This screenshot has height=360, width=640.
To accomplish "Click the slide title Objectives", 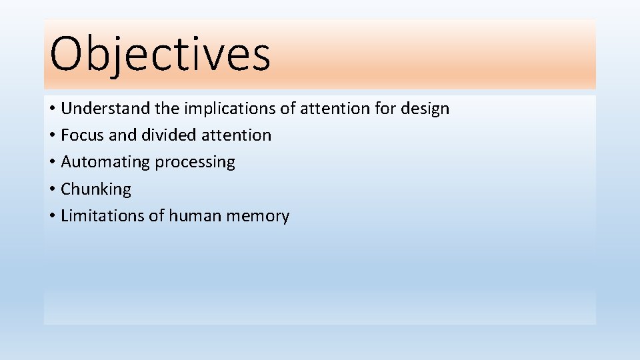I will (160, 55).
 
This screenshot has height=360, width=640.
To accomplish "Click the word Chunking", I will (96, 189).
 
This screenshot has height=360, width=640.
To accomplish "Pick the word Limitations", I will (97, 216).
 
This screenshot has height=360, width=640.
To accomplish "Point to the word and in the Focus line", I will (122, 135).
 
